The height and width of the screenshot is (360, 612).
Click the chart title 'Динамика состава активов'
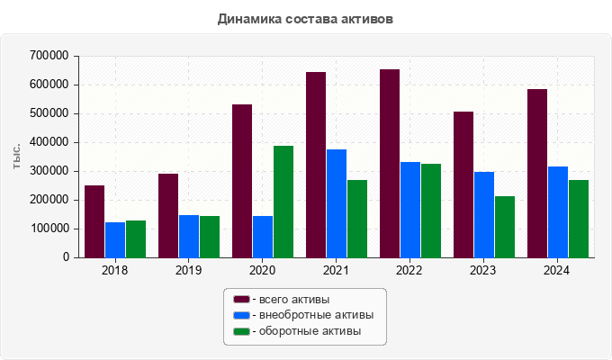[x=306, y=18]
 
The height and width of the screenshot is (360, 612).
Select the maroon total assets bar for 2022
[x=390, y=163]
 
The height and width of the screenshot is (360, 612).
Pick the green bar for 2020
[x=283, y=202]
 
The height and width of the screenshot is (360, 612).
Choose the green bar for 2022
[x=431, y=211]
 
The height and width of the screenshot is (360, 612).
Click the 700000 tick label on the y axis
[x=49, y=56]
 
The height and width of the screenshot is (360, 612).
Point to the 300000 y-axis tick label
[x=49, y=171]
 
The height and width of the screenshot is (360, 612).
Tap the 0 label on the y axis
[x=66, y=257]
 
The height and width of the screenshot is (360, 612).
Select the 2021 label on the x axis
[x=336, y=270]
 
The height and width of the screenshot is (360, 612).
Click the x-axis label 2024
[x=557, y=270]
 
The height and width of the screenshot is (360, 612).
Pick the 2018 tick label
[x=115, y=270]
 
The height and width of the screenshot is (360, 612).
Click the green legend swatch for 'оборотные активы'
[x=241, y=331]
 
